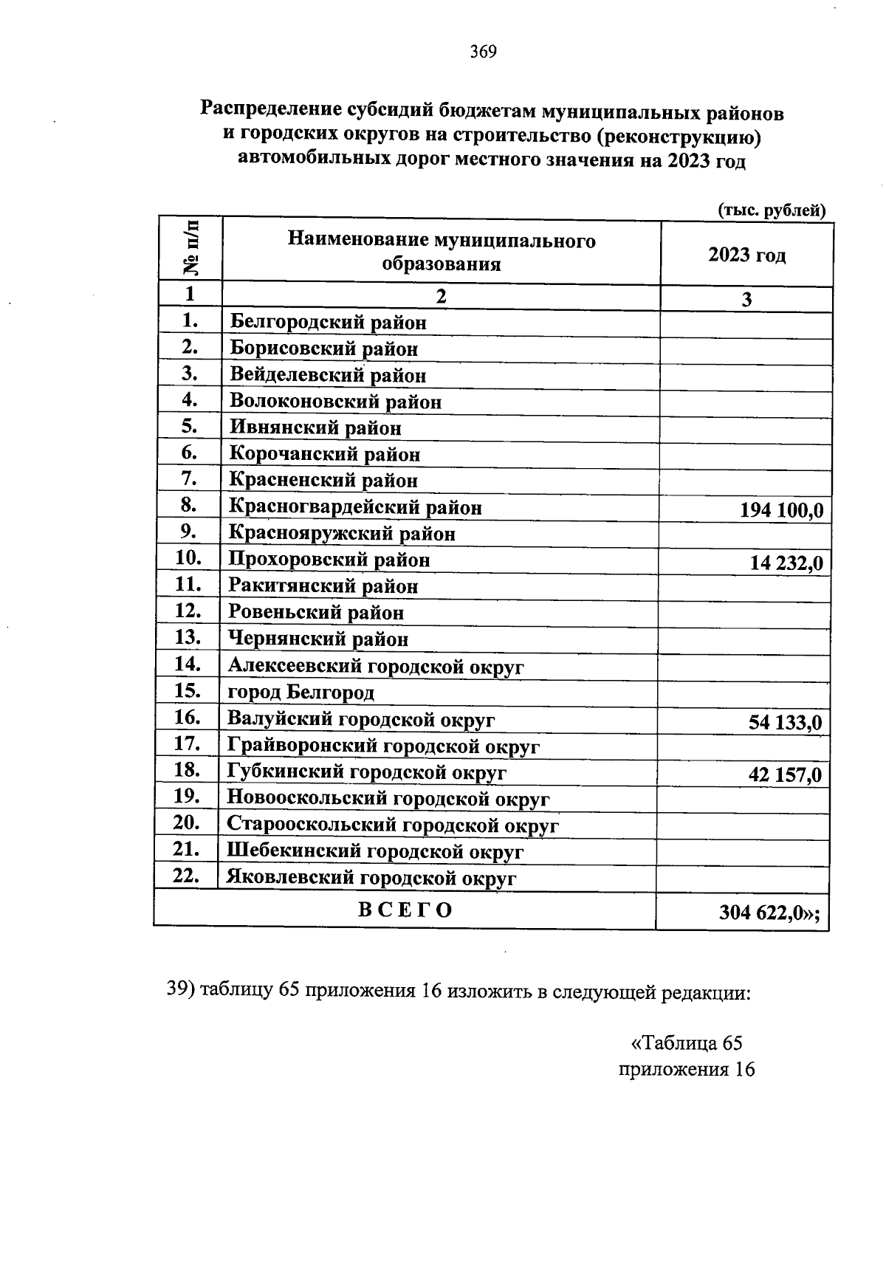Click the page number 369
(484, 52)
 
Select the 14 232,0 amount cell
(786, 563)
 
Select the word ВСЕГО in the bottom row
(405, 910)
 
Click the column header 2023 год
(746, 255)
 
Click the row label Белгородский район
(328, 323)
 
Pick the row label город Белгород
(301, 693)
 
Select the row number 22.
(186, 876)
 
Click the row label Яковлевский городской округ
(371, 879)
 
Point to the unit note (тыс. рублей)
(772, 210)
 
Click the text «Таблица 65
(687, 1043)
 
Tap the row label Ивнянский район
(315, 427)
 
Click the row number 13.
(188, 636)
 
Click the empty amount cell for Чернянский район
(744, 640)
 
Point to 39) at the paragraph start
(182, 992)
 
